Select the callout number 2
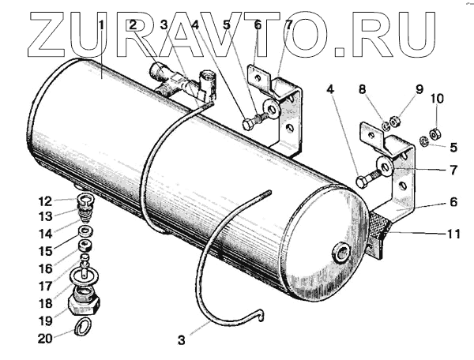(134, 25)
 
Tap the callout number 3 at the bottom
(182, 341)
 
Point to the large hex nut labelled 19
(83, 302)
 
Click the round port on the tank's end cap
(342, 253)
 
